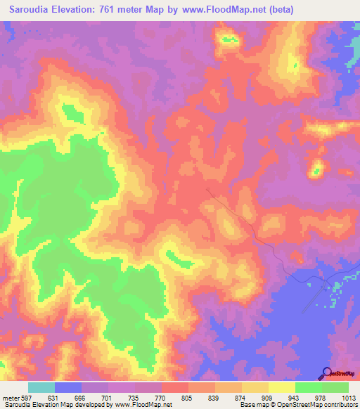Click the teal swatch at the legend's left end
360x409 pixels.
pos(41,387)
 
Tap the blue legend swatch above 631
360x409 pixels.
pos(68,387)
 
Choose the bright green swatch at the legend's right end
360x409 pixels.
pos(335,387)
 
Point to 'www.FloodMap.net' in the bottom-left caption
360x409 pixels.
pos(143,405)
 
